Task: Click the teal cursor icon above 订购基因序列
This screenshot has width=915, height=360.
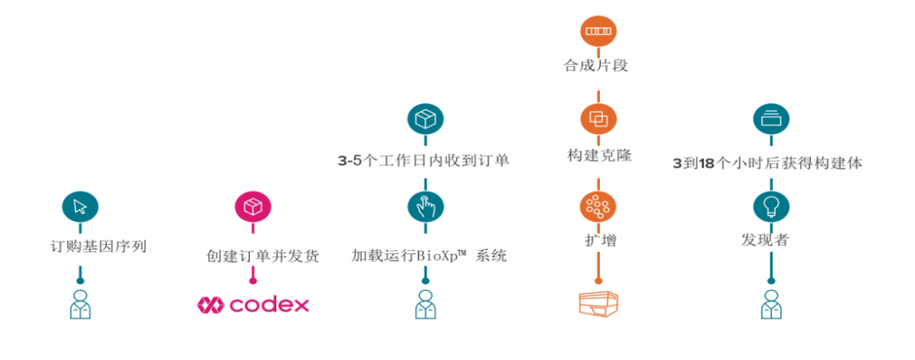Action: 80,206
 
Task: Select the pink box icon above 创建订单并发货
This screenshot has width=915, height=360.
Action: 252,206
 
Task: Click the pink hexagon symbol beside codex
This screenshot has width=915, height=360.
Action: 209,304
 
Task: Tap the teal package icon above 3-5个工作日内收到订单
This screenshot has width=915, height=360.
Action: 425,119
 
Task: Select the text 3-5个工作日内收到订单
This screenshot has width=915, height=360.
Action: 424,160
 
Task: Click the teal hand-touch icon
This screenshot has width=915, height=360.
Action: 425,206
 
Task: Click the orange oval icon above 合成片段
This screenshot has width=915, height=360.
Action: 598,30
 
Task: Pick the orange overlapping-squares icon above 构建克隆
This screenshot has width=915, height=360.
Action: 598,119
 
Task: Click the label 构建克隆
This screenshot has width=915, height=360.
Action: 599,156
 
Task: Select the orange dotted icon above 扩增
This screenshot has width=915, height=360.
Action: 598,206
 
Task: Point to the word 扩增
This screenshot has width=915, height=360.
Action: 598,241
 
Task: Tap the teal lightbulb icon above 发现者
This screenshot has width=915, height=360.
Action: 771,206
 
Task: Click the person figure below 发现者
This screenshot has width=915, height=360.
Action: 771,304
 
